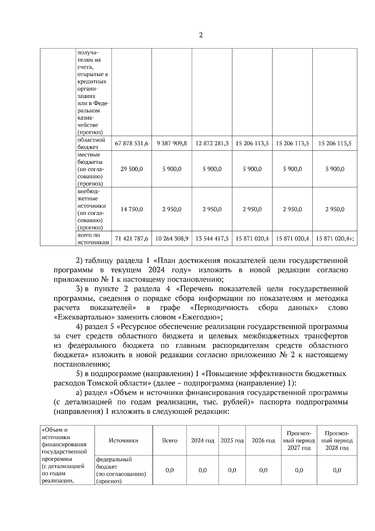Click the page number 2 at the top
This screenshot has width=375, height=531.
pyautogui.click(x=201, y=35)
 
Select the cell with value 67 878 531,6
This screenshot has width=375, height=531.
pyautogui.click(x=132, y=143)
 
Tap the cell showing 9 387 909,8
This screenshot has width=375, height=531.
pyautogui.click(x=172, y=143)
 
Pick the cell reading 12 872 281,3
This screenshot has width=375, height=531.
pyautogui.click(x=212, y=143)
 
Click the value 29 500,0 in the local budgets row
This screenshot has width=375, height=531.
pyautogui.click(x=132, y=169)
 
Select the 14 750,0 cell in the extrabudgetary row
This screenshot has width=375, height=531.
pyautogui.click(x=132, y=209)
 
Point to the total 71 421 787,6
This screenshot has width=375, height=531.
pyautogui.click(x=132, y=239)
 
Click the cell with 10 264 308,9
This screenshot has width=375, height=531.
pyautogui.click(x=172, y=239)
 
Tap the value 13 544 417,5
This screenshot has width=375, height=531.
pyautogui.click(x=212, y=239)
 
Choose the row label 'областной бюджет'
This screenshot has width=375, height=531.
pyautogui.click(x=91, y=143)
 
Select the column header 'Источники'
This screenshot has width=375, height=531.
pyautogui.click(x=123, y=440)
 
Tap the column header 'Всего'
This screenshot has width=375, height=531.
pyautogui.click(x=169, y=440)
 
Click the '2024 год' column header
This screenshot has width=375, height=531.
pyautogui.click(x=202, y=440)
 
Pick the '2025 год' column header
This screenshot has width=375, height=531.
pyautogui.click(x=232, y=440)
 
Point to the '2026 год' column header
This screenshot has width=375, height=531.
pyautogui.click(x=263, y=440)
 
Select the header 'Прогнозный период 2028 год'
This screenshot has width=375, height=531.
pyautogui.click(x=337, y=440)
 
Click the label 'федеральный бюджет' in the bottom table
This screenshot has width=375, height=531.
pyautogui.click(x=114, y=463)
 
